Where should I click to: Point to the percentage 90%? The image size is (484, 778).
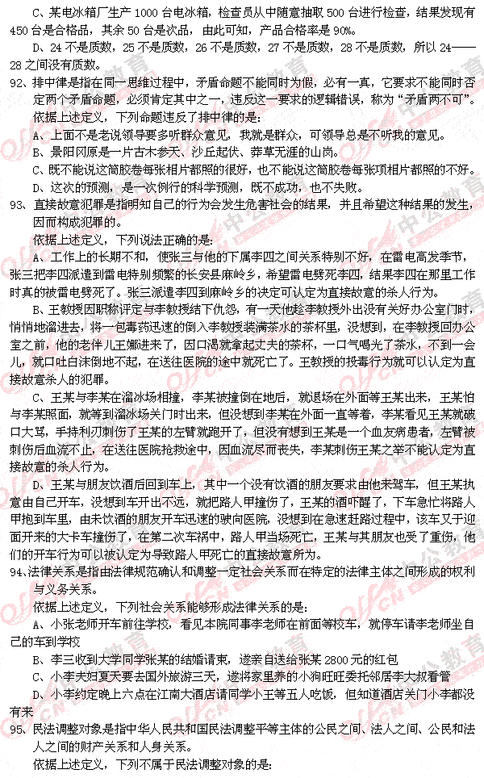point(340,31)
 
